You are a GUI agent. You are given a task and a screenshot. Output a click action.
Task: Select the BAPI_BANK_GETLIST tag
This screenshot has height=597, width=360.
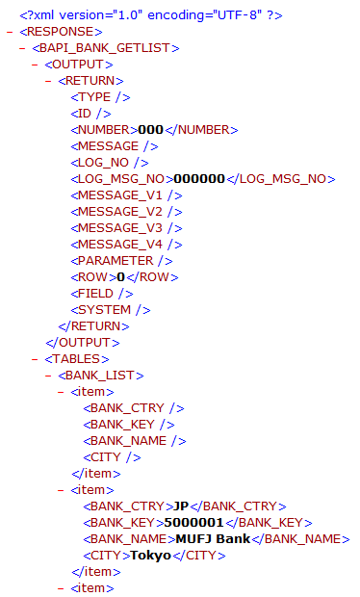[x=105, y=47]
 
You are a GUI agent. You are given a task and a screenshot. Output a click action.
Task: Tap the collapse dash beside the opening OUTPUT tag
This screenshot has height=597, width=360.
[x=36, y=64]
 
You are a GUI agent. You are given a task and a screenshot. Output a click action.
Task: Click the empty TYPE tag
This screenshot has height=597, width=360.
[x=101, y=96]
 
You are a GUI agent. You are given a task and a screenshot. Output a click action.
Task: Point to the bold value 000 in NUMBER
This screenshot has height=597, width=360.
[x=151, y=129]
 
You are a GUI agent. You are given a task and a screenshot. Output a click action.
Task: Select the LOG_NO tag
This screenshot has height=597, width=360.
[x=107, y=162]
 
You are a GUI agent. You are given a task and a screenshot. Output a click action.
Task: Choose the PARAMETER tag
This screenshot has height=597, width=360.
[x=121, y=260]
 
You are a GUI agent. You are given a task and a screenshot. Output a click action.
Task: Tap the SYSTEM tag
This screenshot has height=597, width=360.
[x=111, y=309]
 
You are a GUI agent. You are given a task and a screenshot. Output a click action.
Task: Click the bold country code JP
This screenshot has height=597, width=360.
[x=182, y=506]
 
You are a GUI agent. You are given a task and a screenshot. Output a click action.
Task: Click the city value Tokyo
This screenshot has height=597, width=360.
[x=150, y=555]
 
